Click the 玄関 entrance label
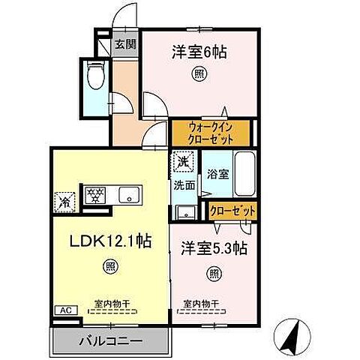(x=124, y=43)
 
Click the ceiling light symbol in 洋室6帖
(x=199, y=73)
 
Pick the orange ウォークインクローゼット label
(x=211, y=133)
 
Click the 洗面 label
(x=184, y=184)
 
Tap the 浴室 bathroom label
(x=219, y=172)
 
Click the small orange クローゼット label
(x=232, y=211)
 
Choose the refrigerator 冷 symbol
(x=64, y=202)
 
